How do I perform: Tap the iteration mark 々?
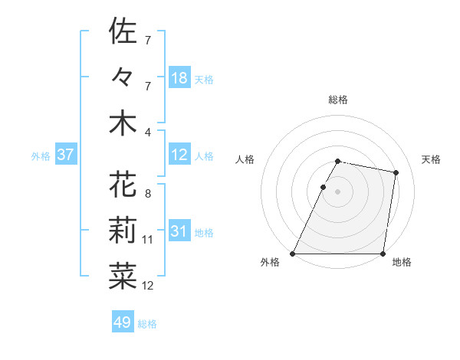click(123, 77)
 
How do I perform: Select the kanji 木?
click(123, 124)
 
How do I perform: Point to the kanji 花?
click(123, 185)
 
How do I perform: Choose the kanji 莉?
click(123, 231)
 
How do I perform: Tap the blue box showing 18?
click(179, 77)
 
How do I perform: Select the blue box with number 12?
click(179, 155)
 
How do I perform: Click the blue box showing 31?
click(179, 231)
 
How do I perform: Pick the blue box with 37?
click(66, 155)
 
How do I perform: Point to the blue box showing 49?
click(123, 322)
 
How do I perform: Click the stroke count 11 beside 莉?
click(148, 240)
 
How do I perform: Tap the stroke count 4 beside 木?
click(148, 132)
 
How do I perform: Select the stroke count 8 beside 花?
click(148, 193)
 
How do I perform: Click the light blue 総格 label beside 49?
click(148, 324)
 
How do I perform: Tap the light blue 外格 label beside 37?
click(41, 155)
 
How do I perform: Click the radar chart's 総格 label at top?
click(338, 100)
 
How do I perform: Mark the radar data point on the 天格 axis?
click(396, 173)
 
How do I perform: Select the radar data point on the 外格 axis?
click(293, 254)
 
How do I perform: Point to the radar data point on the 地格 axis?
click(383, 254)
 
